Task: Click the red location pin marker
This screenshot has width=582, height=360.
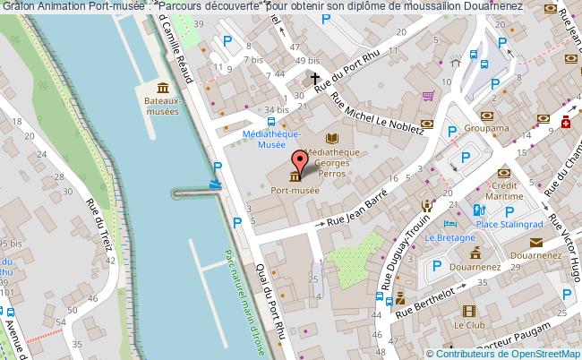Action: [300, 161]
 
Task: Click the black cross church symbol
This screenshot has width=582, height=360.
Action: [315, 79]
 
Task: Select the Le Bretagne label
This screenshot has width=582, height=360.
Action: [444, 237]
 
